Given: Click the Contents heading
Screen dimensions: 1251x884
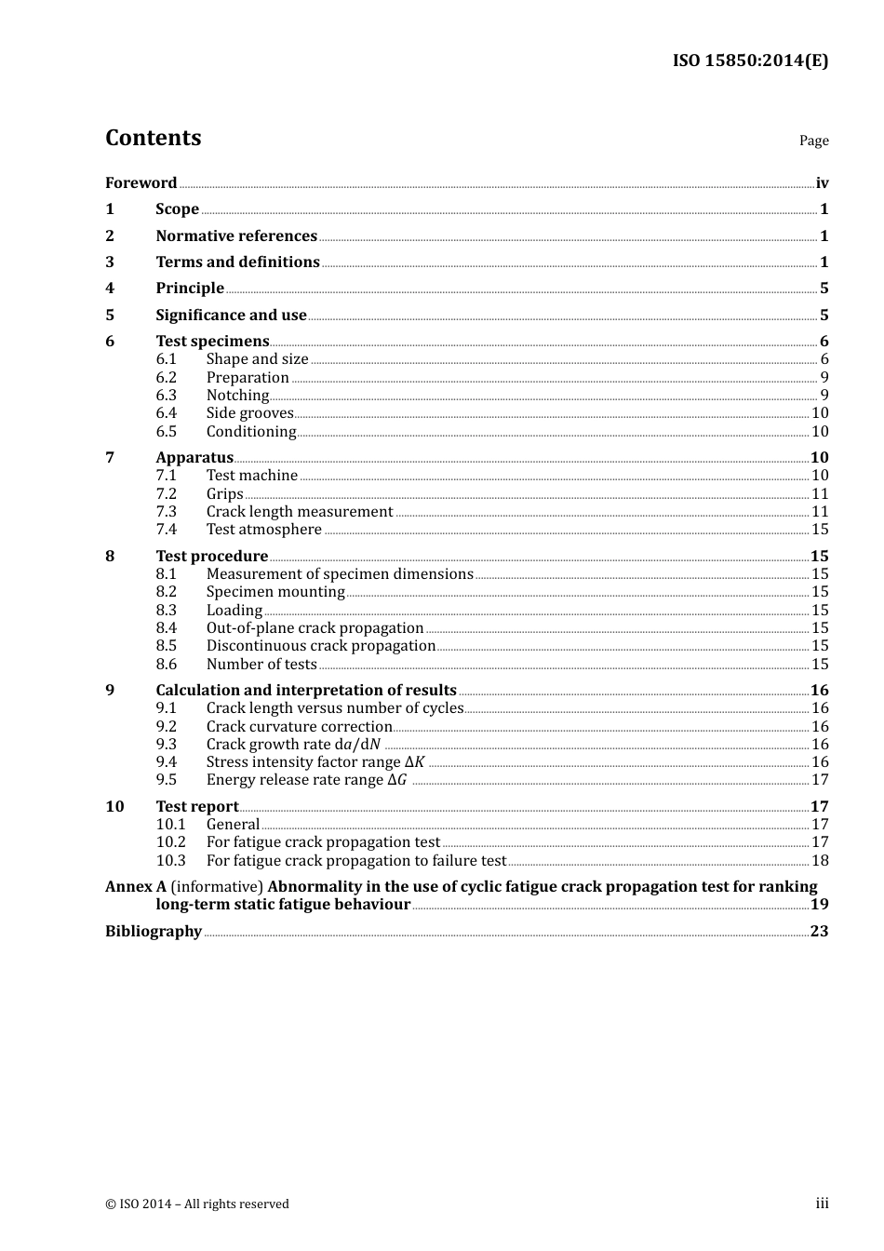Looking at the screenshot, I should (x=153, y=138).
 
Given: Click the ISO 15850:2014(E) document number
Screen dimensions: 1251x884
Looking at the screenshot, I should (x=750, y=61).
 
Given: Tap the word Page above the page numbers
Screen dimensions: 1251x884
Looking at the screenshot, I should (x=813, y=141).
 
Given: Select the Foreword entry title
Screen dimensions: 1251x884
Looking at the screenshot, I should (x=141, y=183).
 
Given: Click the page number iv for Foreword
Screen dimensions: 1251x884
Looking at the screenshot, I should (x=822, y=183).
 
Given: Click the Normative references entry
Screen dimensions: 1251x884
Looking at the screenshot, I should (x=236, y=236).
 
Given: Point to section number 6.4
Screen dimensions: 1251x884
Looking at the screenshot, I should (x=166, y=413).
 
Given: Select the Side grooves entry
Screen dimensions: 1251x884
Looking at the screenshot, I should (x=249, y=413).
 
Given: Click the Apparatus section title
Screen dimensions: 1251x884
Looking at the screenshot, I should (x=194, y=458).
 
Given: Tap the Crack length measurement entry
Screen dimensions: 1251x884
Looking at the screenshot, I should (x=300, y=512).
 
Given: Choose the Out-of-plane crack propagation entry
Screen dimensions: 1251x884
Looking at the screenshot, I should (x=315, y=628).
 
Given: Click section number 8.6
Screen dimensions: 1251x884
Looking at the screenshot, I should (x=166, y=665).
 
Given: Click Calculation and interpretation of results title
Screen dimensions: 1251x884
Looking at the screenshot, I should (x=306, y=691).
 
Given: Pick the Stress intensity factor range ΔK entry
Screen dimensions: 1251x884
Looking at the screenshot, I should (x=315, y=762).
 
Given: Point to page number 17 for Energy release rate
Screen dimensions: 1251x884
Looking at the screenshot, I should (x=820, y=780).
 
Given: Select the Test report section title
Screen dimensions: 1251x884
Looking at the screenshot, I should (x=197, y=807).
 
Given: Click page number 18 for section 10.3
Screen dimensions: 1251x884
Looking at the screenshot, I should (x=820, y=861).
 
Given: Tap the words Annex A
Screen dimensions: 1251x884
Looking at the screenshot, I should (x=128, y=887).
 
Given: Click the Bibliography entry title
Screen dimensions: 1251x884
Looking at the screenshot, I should (x=154, y=932).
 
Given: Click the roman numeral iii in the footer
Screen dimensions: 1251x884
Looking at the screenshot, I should (x=822, y=1204).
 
